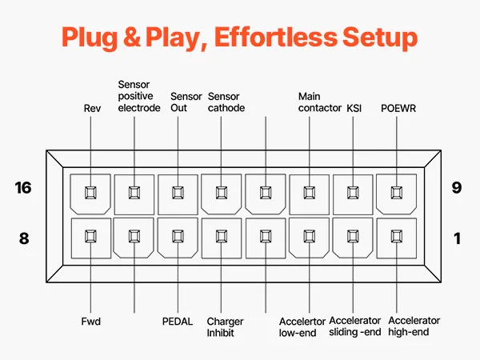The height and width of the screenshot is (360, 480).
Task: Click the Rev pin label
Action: [x=91, y=108]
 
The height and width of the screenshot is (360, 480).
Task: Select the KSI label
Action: [x=354, y=108]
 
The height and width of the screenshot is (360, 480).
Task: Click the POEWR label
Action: [x=397, y=108]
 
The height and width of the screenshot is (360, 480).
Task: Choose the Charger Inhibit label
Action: [x=225, y=326]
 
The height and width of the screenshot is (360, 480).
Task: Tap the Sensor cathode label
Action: [x=226, y=102]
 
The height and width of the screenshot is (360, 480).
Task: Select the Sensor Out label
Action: [x=186, y=102]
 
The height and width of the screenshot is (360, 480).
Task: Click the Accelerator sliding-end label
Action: [x=354, y=326]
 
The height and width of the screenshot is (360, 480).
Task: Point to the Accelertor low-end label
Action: [x=302, y=326]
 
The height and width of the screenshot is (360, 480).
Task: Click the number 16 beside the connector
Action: [x=25, y=189]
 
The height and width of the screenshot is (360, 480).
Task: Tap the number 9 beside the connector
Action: [x=457, y=189]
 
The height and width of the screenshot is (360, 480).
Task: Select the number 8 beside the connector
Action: [x=25, y=237]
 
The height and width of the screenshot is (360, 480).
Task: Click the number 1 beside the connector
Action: [x=457, y=237]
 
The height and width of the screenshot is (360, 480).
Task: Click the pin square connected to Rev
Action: [x=90, y=192]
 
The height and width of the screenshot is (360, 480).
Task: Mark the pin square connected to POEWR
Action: [x=394, y=192]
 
